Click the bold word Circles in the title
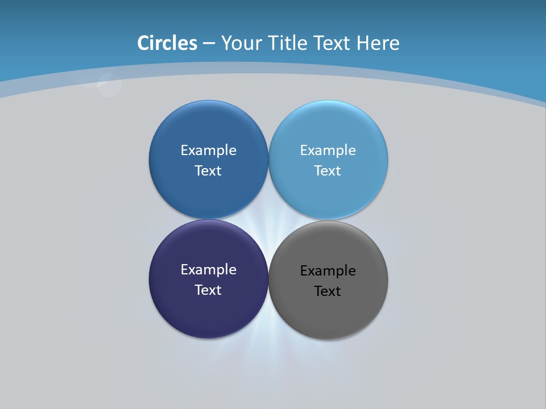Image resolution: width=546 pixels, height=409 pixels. coord(167,43)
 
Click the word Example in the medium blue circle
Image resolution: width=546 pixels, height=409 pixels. coord(208,150)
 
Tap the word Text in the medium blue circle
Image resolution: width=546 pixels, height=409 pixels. coord(208,170)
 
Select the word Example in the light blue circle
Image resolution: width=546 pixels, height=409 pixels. coord(328,150)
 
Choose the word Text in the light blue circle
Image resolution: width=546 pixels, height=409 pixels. coord(328,170)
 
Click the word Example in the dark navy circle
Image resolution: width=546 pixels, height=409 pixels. coord(208,269)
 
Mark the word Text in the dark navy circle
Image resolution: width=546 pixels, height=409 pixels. coord(208,290)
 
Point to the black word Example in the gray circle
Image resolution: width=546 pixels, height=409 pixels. coord(328,270)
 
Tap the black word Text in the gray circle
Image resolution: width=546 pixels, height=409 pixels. coord(328,291)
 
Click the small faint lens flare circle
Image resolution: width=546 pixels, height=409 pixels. coord(109,85)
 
